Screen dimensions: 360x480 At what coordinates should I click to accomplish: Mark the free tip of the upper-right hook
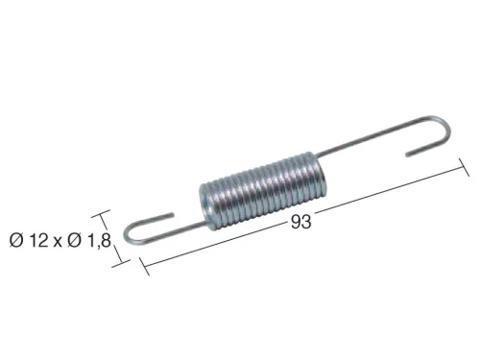pyautogui.click(x=407, y=154)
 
